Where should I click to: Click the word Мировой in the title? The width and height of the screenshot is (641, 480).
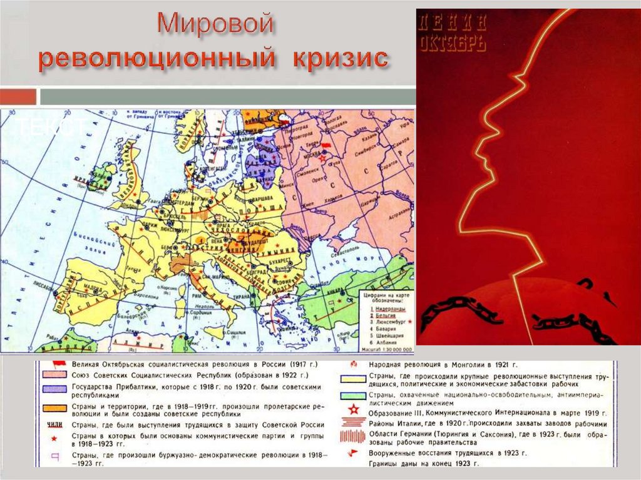coord(216,24)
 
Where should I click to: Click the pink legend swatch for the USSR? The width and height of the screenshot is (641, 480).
coord(51,374)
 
